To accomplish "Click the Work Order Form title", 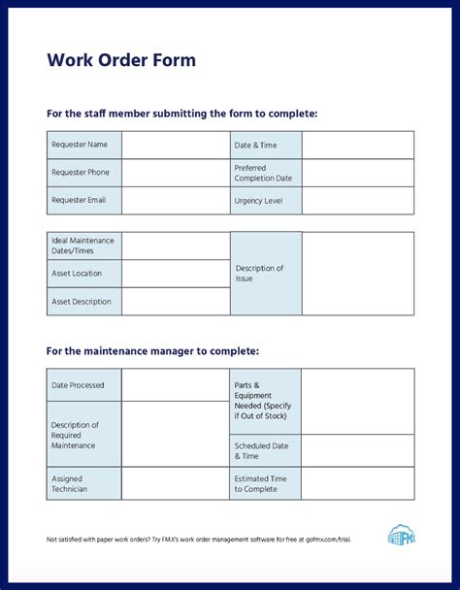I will point(121,60).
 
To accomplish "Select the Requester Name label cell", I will point(83,145).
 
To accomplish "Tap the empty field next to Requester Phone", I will point(175,173).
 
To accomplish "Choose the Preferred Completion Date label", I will point(265,173).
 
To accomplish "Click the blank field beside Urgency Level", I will point(357,200).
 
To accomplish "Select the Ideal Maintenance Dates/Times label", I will point(83,246).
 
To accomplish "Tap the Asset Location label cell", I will point(83,274).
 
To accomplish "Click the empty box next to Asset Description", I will point(175,302).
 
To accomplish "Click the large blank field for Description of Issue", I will point(357,274).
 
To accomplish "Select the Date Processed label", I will point(83,385).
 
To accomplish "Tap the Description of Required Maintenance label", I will point(83,435).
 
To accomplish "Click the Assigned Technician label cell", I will point(83,484).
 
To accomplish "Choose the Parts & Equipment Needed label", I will point(265,402).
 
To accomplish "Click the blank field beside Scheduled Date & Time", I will point(357,451).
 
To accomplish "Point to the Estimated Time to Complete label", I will point(265,484).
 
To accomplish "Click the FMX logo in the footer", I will point(401,536).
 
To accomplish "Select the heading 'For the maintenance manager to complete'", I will point(152,350).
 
